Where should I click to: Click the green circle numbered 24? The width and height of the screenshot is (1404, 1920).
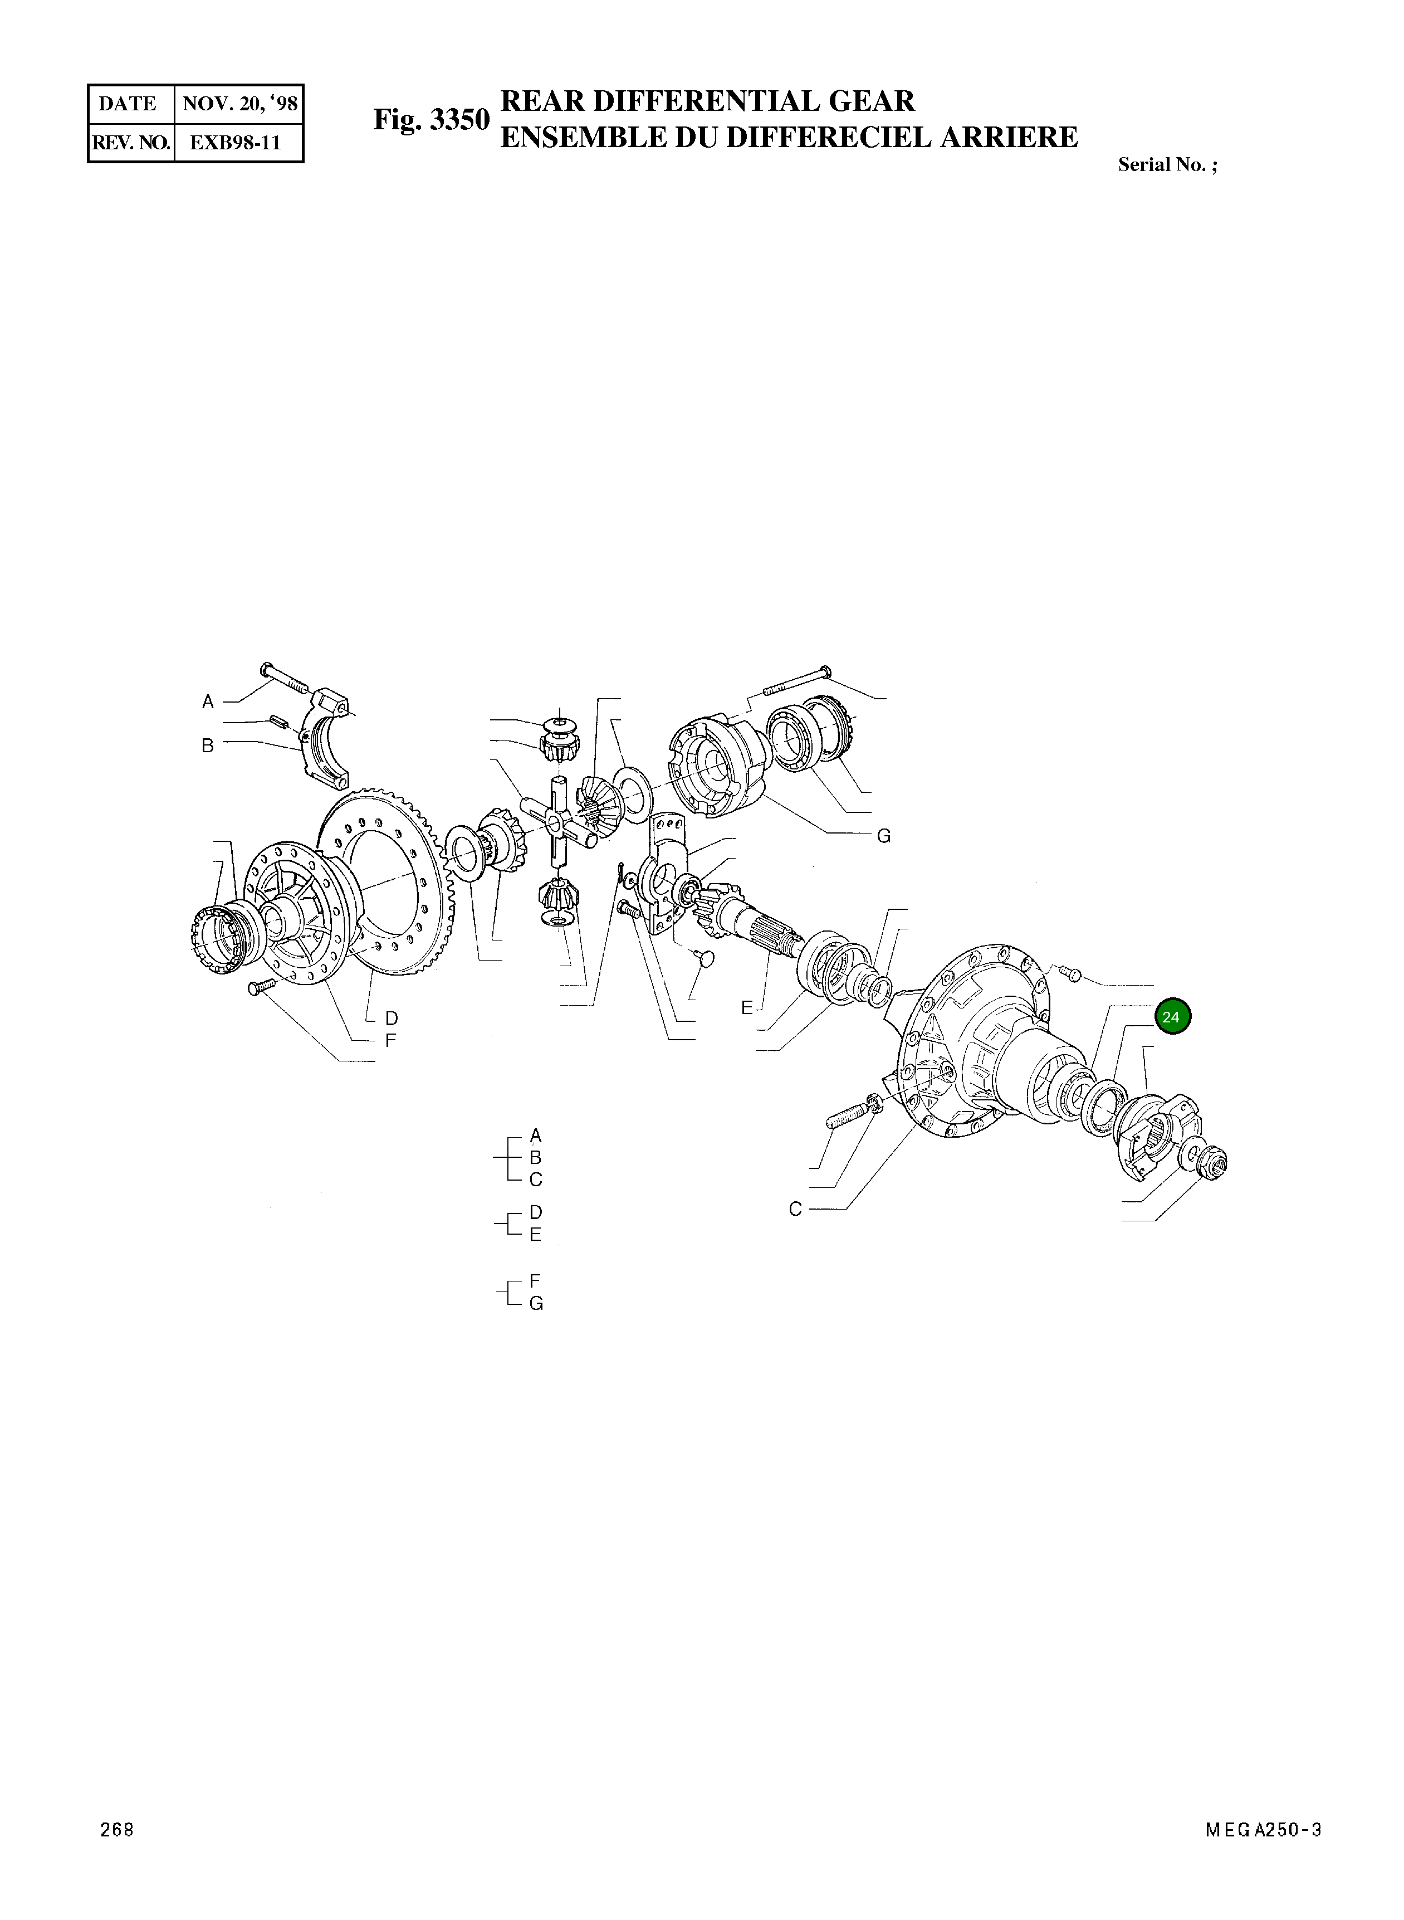pyautogui.click(x=1172, y=1017)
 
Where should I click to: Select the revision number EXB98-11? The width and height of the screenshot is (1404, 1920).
pyautogui.click(x=234, y=143)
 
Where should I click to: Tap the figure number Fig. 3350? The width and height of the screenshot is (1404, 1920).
pyautogui.click(x=432, y=120)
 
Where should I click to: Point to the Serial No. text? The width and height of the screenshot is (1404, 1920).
pyautogui.click(x=1166, y=165)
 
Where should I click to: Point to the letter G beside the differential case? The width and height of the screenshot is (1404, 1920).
pyautogui.click(x=884, y=837)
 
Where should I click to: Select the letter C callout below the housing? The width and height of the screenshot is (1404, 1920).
pyautogui.click(x=795, y=1209)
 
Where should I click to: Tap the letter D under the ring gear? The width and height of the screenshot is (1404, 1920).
pyautogui.click(x=391, y=1018)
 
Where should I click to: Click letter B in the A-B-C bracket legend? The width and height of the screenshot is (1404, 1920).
pyautogui.click(x=535, y=1157)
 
